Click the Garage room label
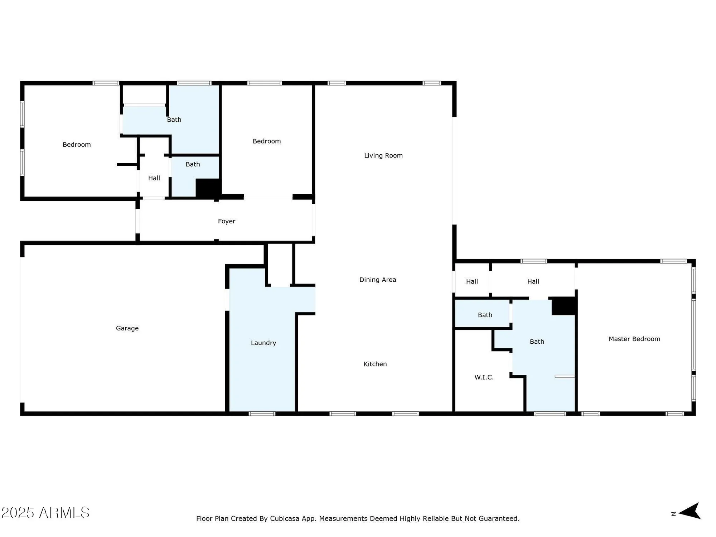(x=127, y=328)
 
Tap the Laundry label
(x=263, y=343)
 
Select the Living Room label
(x=383, y=155)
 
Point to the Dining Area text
(x=378, y=280)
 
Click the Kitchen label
(x=375, y=364)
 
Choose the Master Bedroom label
(x=634, y=339)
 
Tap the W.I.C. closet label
(x=484, y=377)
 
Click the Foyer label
(x=227, y=221)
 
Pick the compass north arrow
(x=689, y=511)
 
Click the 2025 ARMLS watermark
(x=45, y=513)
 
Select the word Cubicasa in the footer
(x=284, y=519)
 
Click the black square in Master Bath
(x=563, y=306)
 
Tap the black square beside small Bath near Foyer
(x=208, y=188)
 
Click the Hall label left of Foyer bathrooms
(x=154, y=178)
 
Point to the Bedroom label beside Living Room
(x=267, y=141)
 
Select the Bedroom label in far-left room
(x=77, y=145)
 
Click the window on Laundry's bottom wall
(x=262, y=414)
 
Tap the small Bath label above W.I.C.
(x=485, y=315)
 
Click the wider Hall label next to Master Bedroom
(x=533, y=282)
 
